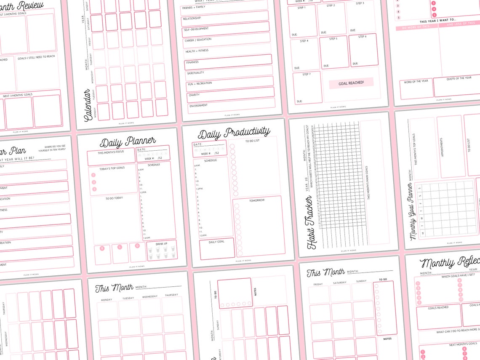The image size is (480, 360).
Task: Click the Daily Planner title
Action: click(x=128, y=141)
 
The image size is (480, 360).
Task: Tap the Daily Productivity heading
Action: click(x=234, y=133)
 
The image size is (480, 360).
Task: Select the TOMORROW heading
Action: click(x=256, y=200)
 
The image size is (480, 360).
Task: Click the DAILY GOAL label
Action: click(x=216, y=242)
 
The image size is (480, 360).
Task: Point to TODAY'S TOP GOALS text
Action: click(x=112, y=168)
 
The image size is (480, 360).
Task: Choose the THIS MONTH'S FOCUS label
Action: click(x=111, y=152)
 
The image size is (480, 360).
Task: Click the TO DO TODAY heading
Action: click(x=114, y=198)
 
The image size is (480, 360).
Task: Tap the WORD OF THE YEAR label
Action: click(x=416, y=81)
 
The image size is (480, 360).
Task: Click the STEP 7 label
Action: click(x=306, y=74)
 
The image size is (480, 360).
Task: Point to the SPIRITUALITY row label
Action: click(x=196, y=73)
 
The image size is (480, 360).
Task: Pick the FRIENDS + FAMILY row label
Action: click(x=193, y=8)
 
